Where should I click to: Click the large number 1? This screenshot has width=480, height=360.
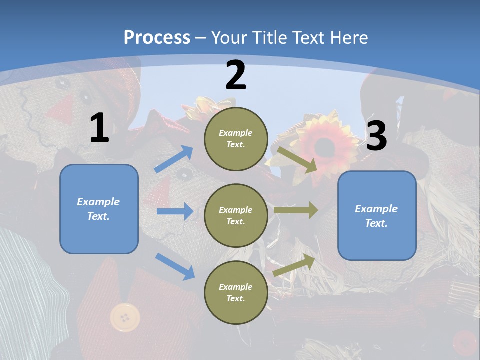pyautogui.click(x=99, y=128)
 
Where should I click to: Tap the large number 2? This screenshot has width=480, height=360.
pyautogui.click(x=236, y=75)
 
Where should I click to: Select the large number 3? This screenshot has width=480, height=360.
pyautogui.click(x=376, y=136)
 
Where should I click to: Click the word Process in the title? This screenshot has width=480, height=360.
pyautogui.click(x=157, y=37)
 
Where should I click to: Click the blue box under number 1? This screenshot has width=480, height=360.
pyautogui.click(x=99, y=209)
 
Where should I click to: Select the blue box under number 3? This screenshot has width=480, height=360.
pyautogui.click(x=377, y=215)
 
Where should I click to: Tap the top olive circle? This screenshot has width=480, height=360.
pyautogui.click(x=236, y=139)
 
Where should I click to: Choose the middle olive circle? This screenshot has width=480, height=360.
pyautogui.click(x=236, y=215)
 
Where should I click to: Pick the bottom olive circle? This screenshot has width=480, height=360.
pyautogui.click(x=236, y=292)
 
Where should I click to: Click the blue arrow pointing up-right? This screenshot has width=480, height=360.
pyautogui.click(x=173, y=159)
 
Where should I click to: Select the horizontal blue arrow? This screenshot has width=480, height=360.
pyautogui.click(x=175, y=211)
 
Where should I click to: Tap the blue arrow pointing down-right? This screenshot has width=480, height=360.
pyautogui.click(x=175, y=266)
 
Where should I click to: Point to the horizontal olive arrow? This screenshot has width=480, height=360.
pyautogui.click(x=296, y=210)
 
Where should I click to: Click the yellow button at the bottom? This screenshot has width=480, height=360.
pyautogui.click(x=125, y=317)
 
